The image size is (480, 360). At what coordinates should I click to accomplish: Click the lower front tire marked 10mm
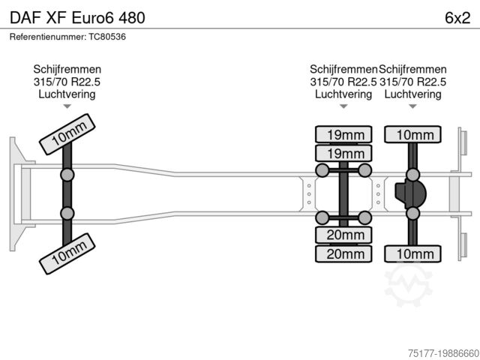tap(68, 253)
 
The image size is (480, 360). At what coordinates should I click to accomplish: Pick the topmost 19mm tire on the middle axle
tap(343, 135)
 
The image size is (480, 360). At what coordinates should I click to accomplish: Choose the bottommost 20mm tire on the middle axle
tap(343, 254)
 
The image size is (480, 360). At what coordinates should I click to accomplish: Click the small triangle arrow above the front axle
tap(67, 106)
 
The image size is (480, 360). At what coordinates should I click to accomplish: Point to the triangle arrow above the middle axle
tap(343, 106)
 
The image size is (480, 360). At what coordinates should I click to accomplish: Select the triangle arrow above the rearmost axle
tap(412, 106)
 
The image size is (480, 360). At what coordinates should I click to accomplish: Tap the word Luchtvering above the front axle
tap(67, 94)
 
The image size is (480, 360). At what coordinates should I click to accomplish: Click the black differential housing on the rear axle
tap(411, 194)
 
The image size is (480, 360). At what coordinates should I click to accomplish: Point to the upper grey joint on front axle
tap(67, 175)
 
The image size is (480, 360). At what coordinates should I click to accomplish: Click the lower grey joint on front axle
tap(67, 212)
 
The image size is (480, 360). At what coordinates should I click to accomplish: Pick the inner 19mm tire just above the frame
tap(343, 153)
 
